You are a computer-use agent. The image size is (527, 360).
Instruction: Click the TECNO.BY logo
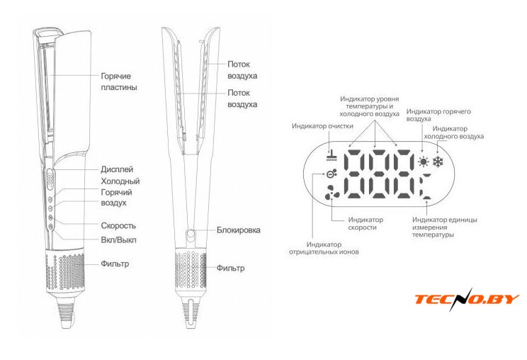467,299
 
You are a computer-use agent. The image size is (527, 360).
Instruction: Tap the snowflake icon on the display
438,162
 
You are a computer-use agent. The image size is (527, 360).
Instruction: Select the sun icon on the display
423,162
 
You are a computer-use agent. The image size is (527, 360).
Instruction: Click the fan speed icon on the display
331,193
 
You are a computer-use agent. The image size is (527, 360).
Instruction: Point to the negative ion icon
330,174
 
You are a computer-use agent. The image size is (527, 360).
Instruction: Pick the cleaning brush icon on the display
331,156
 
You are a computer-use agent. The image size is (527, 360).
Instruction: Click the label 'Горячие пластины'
119,81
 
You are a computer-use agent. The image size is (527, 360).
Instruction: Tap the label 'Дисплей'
117,169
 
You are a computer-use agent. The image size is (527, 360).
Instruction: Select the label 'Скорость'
118,225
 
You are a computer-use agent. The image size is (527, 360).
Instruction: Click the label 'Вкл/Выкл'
118,240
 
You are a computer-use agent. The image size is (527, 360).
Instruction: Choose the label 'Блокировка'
238,230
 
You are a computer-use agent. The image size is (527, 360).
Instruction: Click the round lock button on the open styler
191,233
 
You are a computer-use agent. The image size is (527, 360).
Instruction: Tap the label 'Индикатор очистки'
322,126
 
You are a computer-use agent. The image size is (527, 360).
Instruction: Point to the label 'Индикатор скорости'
365,223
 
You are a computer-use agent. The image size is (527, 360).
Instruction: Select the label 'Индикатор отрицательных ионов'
324,248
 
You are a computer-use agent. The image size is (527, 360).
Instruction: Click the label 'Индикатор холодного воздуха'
453,133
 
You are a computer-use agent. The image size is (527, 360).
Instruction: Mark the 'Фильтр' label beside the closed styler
115,264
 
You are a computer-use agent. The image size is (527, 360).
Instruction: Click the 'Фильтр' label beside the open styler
230,269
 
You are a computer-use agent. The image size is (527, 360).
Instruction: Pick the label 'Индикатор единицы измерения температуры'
444,227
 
